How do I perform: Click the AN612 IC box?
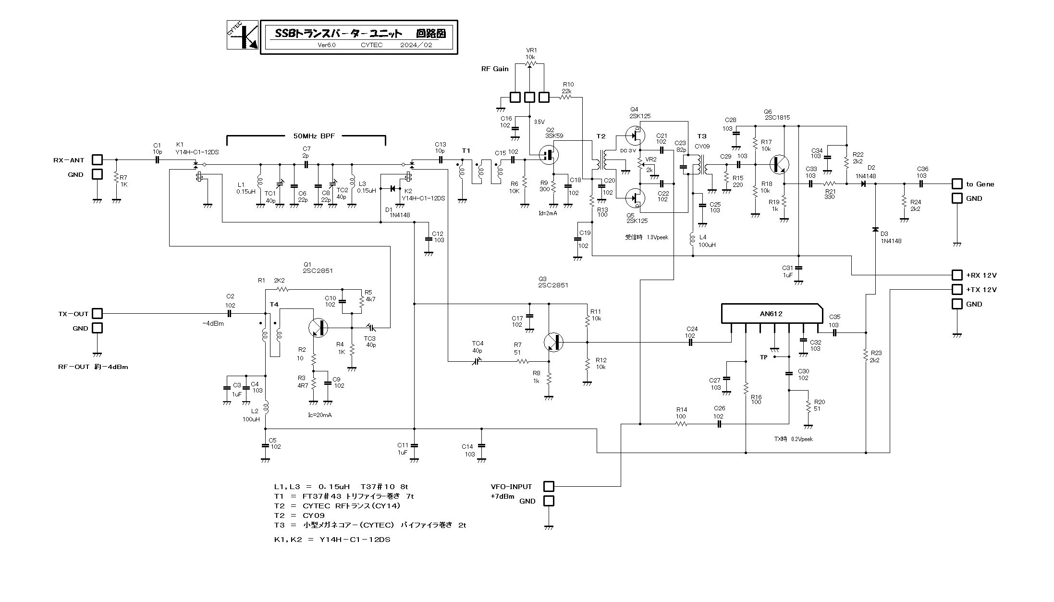770,313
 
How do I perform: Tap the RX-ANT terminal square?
97,160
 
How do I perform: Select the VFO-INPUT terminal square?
548,486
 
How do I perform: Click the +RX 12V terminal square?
957,275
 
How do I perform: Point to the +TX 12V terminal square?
957,289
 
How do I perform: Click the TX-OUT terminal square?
97,313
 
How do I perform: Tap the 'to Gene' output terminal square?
957,184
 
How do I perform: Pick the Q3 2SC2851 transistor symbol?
553,342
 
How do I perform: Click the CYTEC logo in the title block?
243,35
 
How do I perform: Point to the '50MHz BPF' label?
314,136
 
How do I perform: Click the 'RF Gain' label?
495,69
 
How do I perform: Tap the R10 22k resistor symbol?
565,97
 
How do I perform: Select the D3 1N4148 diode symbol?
875,229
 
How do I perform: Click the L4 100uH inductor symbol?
693,239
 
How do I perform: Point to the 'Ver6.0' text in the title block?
327,45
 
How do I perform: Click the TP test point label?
764,357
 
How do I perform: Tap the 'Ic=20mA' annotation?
319,415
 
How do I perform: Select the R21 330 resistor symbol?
830,184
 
